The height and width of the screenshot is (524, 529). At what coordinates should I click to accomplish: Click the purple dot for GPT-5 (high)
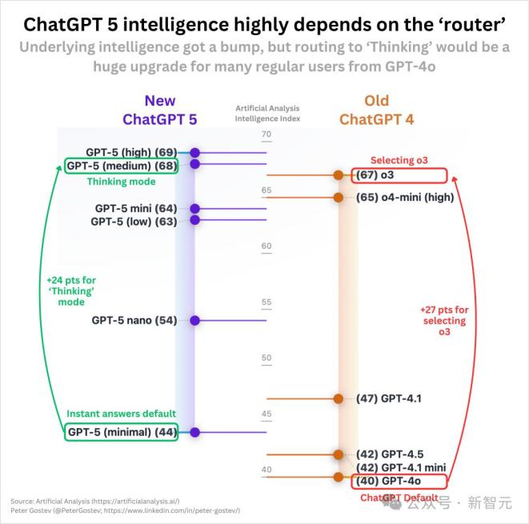[x=194, y=152]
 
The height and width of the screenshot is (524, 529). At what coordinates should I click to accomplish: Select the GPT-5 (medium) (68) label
[x=122, y=166]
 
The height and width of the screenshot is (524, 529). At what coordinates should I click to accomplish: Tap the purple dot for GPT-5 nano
[x=194, y=320]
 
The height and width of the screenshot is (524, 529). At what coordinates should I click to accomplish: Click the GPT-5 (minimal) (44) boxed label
[x=122, y=432]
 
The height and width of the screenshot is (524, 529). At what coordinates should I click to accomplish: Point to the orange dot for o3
[x=338, y=175]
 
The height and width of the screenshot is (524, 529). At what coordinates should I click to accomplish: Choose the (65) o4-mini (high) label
[x=403, y=197]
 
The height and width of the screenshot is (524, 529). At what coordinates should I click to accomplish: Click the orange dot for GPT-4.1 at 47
[x=338, y=398]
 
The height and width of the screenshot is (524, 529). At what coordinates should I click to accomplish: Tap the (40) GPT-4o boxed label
[x=397, y=481]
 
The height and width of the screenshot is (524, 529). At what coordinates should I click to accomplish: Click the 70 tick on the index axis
[x=267, y=134]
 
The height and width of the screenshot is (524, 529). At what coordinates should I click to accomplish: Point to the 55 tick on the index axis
[x=267, y=302]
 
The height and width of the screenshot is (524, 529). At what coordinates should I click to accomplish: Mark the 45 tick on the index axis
[x=267, y=414]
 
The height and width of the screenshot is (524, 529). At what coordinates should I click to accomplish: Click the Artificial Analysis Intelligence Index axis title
[x=267, y=112]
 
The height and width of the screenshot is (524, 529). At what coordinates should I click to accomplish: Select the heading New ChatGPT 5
[x=159, y=110]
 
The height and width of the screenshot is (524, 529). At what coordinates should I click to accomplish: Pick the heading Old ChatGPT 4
[x=376, y=110]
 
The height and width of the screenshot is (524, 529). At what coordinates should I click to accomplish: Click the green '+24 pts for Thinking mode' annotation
[x=70, y=291]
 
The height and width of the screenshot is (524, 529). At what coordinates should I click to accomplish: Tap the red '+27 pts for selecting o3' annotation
[x=444, y=320]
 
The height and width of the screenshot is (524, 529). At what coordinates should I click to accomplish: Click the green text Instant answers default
[x=121, y=414]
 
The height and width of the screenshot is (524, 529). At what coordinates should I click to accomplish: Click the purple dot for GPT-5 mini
[x=194, y=209]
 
